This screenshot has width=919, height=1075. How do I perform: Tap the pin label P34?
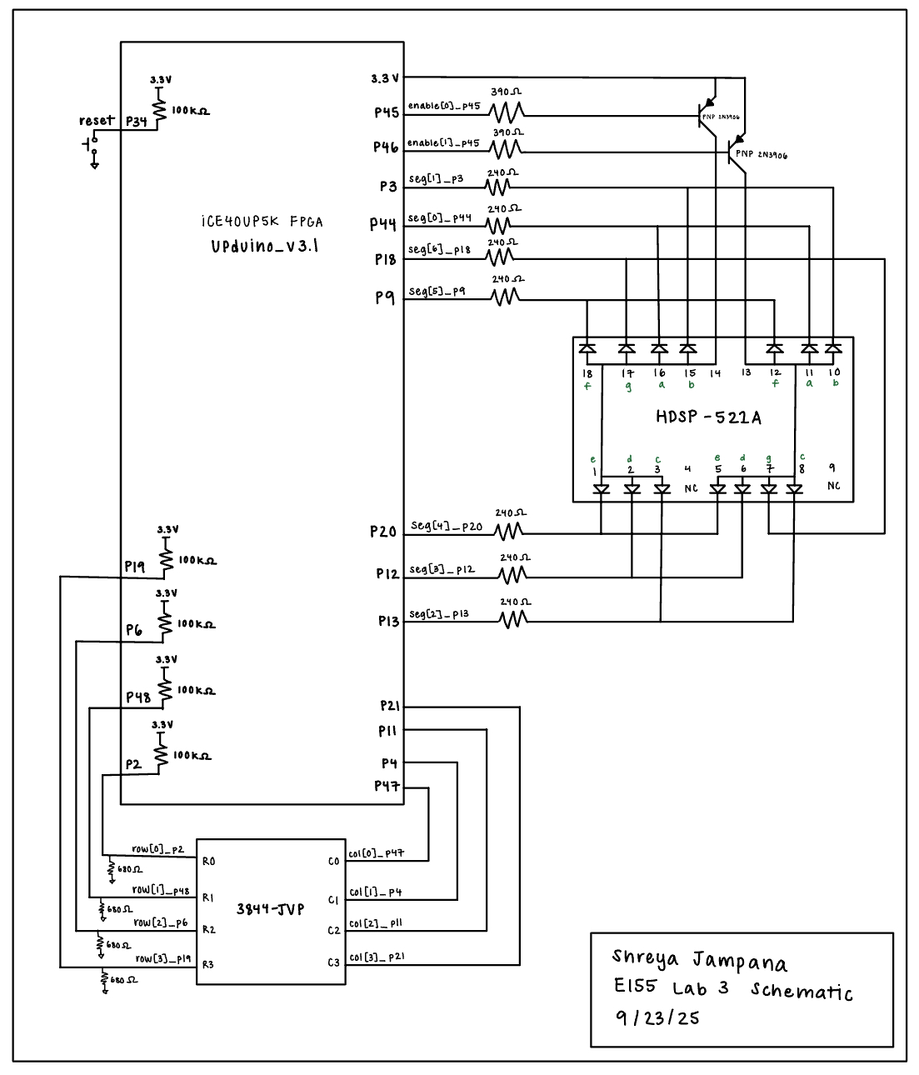(137, 122)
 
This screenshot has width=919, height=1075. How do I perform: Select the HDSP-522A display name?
(707, 417)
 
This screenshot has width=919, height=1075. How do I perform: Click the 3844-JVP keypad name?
(271, 908)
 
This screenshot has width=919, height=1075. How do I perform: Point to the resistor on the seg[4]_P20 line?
(509, 530)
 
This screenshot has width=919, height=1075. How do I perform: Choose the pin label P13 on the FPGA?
(387, 621)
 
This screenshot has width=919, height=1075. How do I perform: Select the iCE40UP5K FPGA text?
(261, 222)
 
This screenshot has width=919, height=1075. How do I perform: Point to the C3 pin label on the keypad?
(334, 962)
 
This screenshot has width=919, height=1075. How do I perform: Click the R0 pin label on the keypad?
(208, 861)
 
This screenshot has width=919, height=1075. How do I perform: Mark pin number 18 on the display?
(587, 372)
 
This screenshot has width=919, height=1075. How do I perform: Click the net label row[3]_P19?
(163, 958)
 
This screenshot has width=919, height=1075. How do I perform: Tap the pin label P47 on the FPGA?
(387, 786)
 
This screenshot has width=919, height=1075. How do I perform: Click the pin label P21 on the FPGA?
(389, 707)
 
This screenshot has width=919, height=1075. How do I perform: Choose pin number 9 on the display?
(832, 469)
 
